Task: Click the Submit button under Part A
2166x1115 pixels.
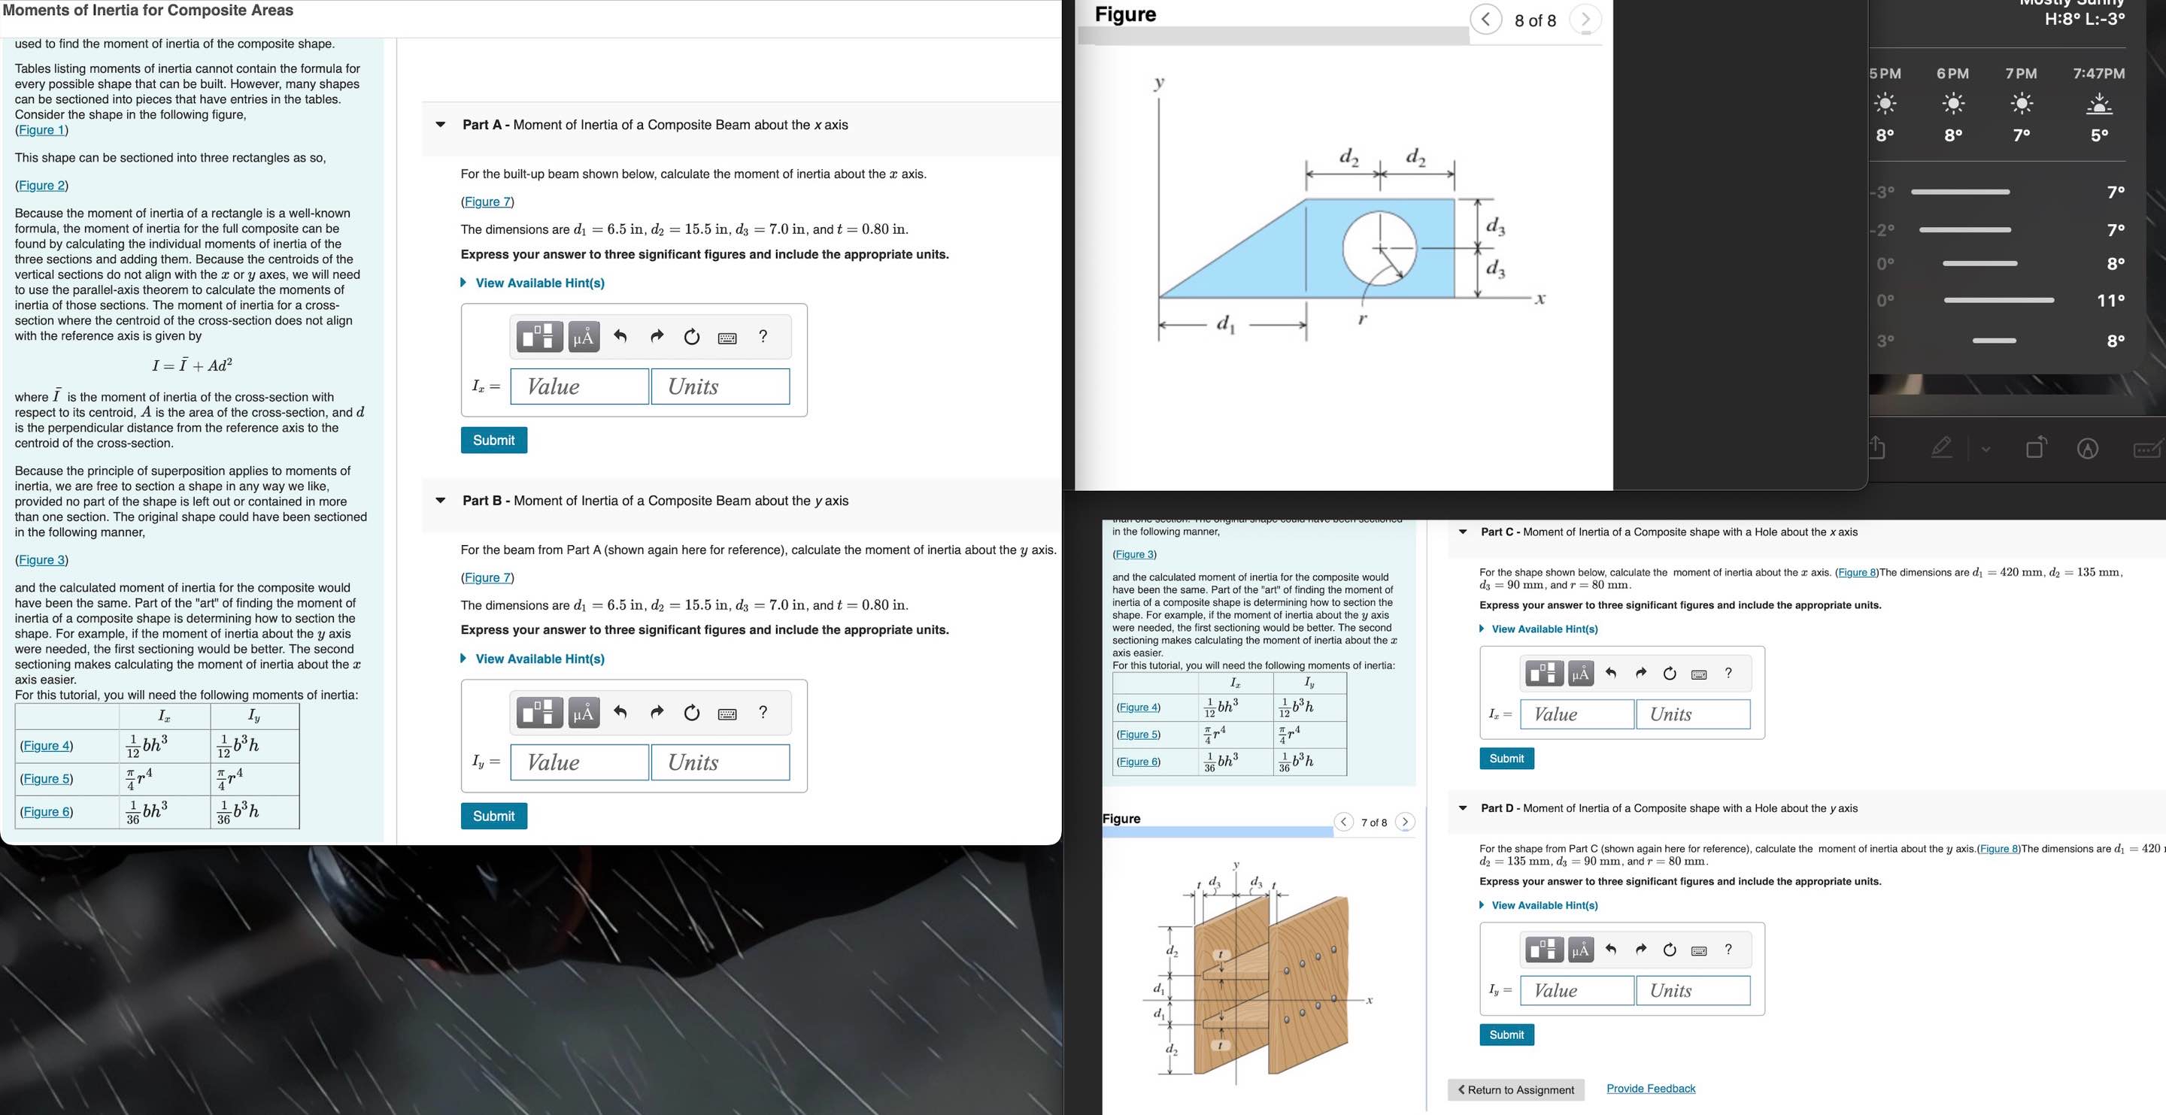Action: (x=493, y=440)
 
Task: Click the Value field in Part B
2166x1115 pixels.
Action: (x=579, y=762)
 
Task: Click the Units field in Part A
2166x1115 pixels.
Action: (x=720, y=386)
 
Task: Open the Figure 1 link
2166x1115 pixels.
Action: (x=41, y=129)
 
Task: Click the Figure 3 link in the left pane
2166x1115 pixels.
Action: (x=41, y=560)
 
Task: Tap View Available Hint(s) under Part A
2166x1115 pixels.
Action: (x=539, y=283)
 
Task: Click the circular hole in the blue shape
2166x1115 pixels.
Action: (x=1379, y=248)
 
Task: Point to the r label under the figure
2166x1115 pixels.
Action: (x=1362, y=319)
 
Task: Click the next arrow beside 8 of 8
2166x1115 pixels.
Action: (x=1585, y=20)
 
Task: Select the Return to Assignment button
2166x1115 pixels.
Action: (x=1516, y=1089)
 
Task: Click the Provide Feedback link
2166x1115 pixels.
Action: (x=1651, y=1088)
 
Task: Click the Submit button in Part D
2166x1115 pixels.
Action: (x=1506, y=1035)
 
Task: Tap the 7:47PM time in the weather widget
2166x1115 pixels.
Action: (x=2099, y=73)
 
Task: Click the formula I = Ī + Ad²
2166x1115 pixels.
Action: (x=192, y=365)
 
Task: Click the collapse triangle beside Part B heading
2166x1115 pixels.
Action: (x=440, y=500)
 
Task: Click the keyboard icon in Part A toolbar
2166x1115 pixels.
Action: (x=727, y=337)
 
